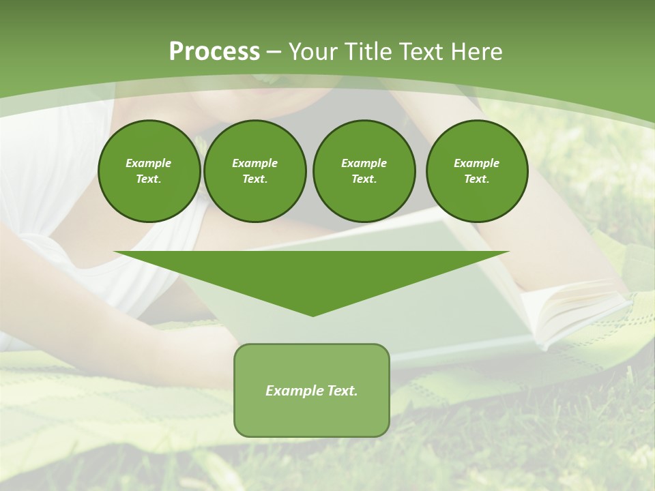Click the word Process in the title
click(214, 52)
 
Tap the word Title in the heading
click(369, 52)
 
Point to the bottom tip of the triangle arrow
click(312, 314)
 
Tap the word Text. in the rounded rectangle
click(342, 391)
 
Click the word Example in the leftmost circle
click(149, 163)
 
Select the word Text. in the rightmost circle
click(476, 179)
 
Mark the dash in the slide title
click(274, 52)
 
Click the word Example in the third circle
click(364, 163)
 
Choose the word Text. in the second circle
click(254, 179)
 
